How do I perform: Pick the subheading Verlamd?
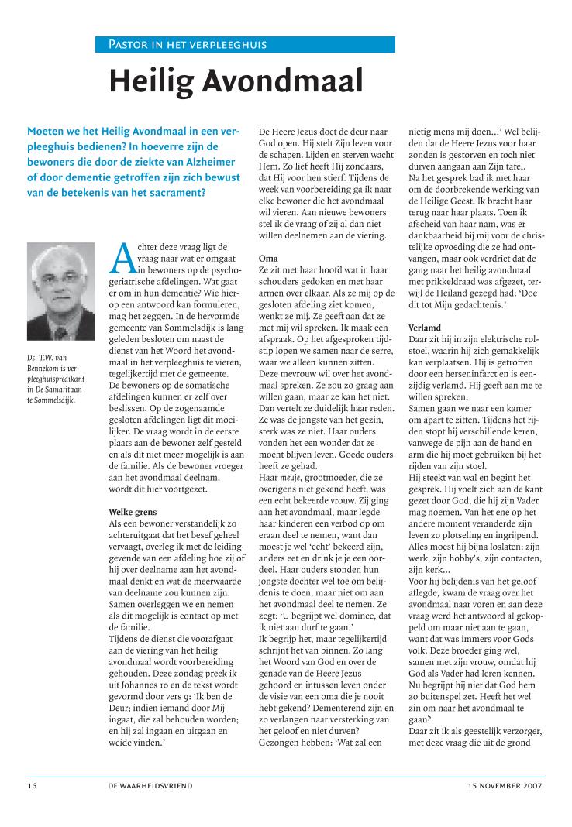pyautogui.click(x=426, y=328)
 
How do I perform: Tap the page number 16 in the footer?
pyautogui.click(x=32, y=785)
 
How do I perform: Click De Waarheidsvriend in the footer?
pyautogui.click(x=151, y=785)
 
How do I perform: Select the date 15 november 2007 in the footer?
pyautogui.click(x=506, y=785)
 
